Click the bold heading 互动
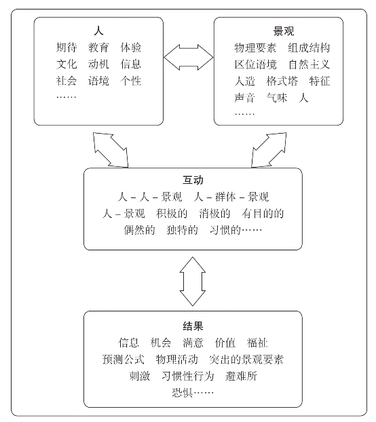tap(193, 180)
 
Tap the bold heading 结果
tap(193, 326)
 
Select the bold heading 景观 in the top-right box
tap(284, 31)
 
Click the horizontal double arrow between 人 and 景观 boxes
tap(189, 57)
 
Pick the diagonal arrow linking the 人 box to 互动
tap(111, 150)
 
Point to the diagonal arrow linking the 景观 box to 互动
tap(269, 150)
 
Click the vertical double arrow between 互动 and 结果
tap(193, 282)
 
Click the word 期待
tap(67, 47)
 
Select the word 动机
tap(98, 64)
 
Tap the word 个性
tap(131, 81)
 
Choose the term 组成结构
tap(309, 47)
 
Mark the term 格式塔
tap(282, 81)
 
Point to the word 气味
tap(277, 98)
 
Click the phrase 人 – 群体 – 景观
tap(231, 197)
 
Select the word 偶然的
tap(139, 230)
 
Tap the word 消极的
tap(214, 214)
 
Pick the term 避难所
tap(241, 376)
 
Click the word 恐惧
tap(182, 393)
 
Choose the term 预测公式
tap(124, 360)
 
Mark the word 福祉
tap(257, 343)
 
